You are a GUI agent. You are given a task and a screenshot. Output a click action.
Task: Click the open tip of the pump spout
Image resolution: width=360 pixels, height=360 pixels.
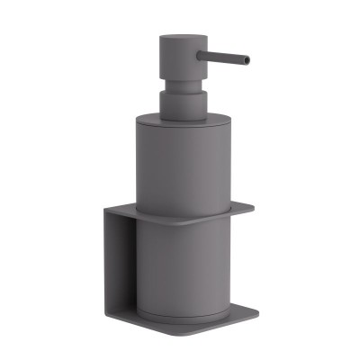coord(247,60)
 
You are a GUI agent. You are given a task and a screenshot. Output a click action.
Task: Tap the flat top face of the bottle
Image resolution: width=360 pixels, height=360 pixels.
coord(180,117)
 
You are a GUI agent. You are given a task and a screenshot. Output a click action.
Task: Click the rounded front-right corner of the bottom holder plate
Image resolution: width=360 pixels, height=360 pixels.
coord(256,316)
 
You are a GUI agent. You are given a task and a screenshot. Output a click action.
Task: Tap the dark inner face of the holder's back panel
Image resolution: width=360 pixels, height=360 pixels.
coord(124,270)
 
